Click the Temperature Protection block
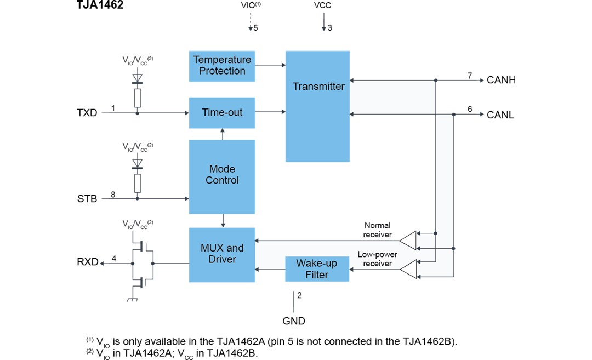pyautogui.click(x=222, y=65)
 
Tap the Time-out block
pyautogui.click(x=222, y=112)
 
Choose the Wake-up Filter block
pyautogui.click(x=317, y=268)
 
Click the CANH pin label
pyautogui.click(x=501, y=80)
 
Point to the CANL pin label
pyautogui.click(x=500, y=115)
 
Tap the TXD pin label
pyautogui.click(x=87, y=113)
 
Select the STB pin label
pyautogui.click(x=87, y=198)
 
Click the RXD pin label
pyautogui.click(x=87, y=262)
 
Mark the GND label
pyautogui.click(x=294, y=321)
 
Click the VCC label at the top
pyautogui.click(x=322, y=6)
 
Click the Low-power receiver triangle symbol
pyautogui.click(x=407, y=268)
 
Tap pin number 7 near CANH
pyautogui.click(x=470, y=75)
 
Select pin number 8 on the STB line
pyautogui.click(x=113, y=193)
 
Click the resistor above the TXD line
pyautogui.click(x=137, y=98)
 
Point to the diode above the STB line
pyautogui.click(x=137, y=163)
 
